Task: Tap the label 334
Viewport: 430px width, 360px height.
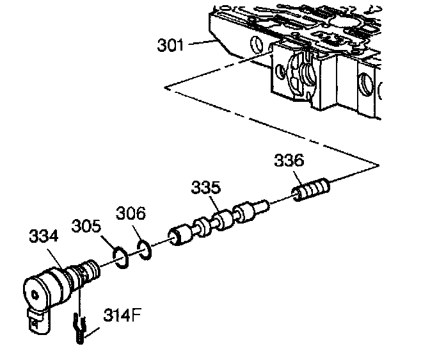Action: (44, 236)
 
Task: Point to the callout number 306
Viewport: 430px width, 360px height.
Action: (131, 214)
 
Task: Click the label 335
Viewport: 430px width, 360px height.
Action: (205, 188)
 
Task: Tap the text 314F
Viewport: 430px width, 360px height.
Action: (122, 316)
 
